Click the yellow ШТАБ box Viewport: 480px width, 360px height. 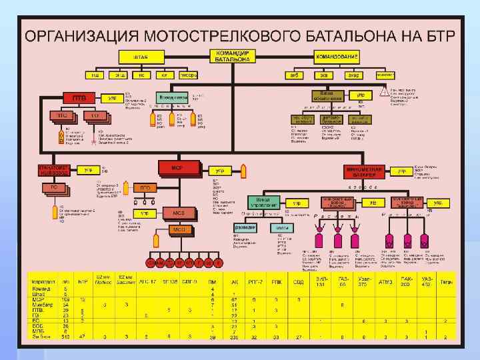(x=140, y=57)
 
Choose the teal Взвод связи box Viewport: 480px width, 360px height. (x=173, y=97)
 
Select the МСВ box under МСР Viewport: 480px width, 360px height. (x=180, y=213)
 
